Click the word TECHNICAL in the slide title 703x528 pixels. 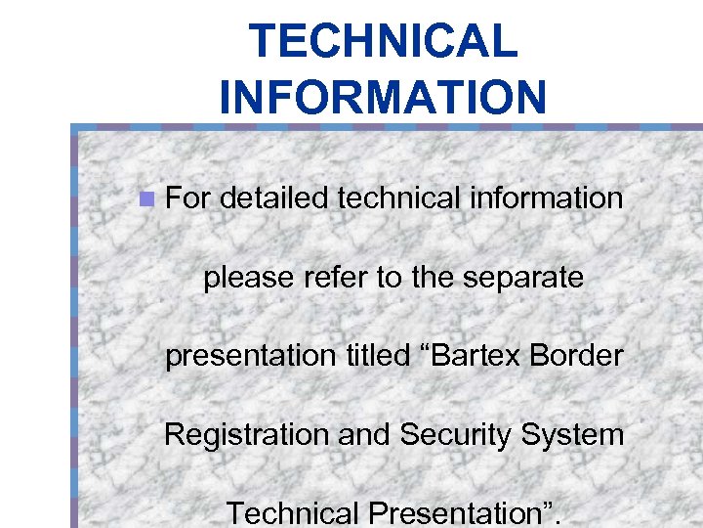click(x=383, y=42)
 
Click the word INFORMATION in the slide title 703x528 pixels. click(x=383, y=97)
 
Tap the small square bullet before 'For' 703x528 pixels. click(x=146, y=199)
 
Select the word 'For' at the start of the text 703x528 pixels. click(x=188, y=198)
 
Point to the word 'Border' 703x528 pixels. click(x=577, y=355)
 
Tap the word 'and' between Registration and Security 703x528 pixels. click(x=364, y=433)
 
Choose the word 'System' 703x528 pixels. click(x=576, y=434)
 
